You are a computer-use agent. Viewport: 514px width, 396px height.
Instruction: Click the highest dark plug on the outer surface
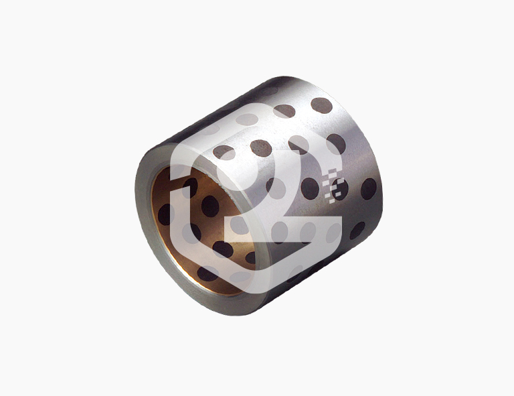(x=321, y=105)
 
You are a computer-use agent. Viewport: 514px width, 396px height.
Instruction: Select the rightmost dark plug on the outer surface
(x=369, y=189)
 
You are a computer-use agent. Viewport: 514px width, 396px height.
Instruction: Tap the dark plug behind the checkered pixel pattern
(x=339, y=190)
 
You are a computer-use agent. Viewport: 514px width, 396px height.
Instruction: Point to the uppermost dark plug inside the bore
(x=189, y=187)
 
